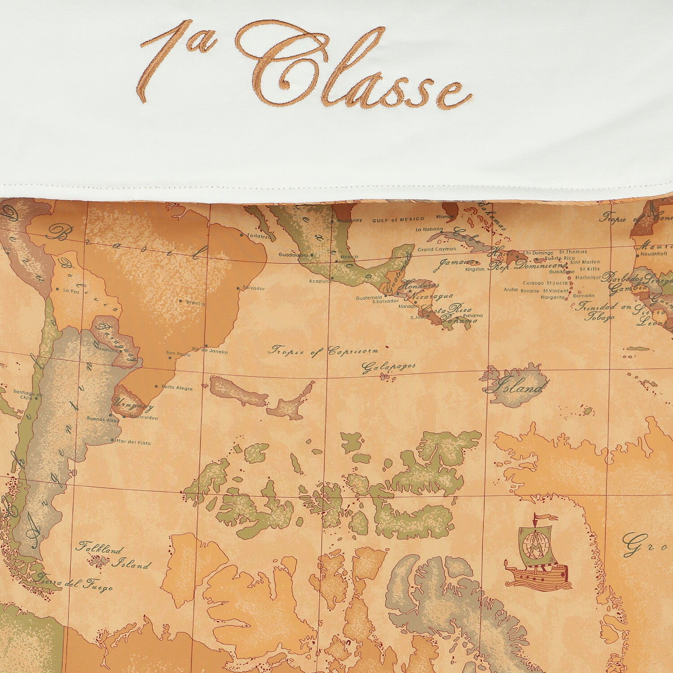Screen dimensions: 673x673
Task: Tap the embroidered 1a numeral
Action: click(x=177, y=58)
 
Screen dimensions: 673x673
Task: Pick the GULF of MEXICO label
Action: click(x=398, y=219)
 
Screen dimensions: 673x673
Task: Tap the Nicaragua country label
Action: click(x=431, y=296)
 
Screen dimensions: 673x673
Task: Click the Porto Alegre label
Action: click(x=177, y=387)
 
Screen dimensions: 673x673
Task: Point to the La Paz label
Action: click(x=71, y=291)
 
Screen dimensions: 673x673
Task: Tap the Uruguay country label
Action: click(x=135, y=405)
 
